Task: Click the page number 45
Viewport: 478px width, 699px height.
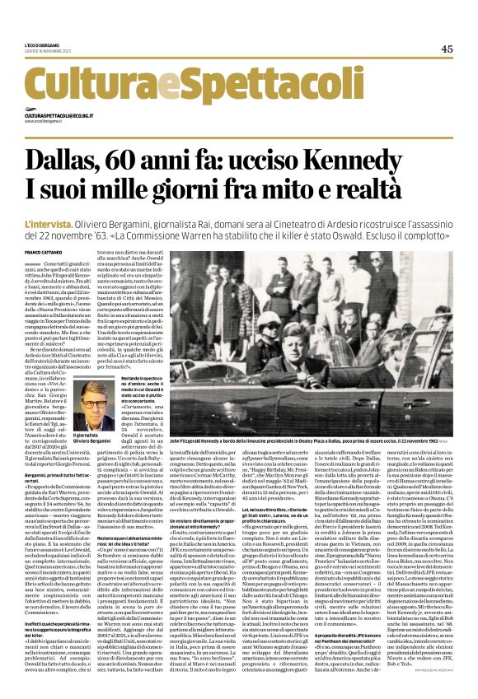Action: click(446, 49)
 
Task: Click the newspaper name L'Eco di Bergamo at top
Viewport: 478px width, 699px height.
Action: click(42, 44)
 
